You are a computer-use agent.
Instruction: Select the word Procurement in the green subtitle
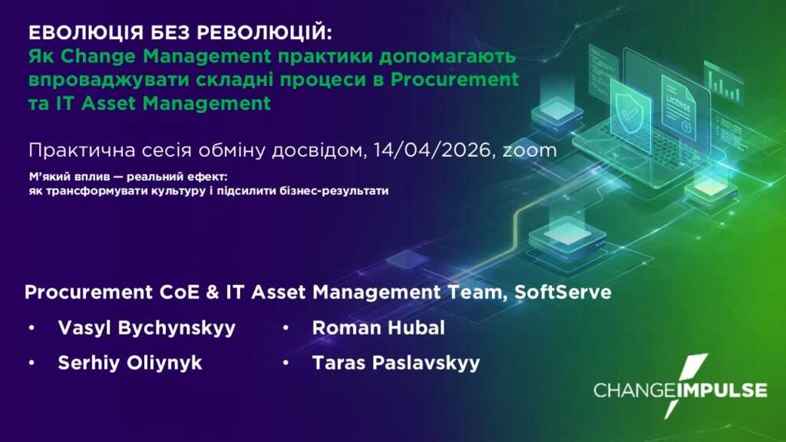454,80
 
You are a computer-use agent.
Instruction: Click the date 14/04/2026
431,150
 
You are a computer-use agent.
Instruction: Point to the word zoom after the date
530,151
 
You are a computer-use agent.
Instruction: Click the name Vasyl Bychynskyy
147,328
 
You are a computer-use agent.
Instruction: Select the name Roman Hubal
378,328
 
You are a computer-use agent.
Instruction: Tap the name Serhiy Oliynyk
130,363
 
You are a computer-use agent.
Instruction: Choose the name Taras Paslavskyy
396,363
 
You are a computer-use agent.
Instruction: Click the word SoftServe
563,292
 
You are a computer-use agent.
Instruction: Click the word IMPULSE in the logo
722,391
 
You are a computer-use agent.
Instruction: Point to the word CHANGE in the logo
635,391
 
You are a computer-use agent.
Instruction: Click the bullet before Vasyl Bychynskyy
31,328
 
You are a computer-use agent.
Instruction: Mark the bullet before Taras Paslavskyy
286,363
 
